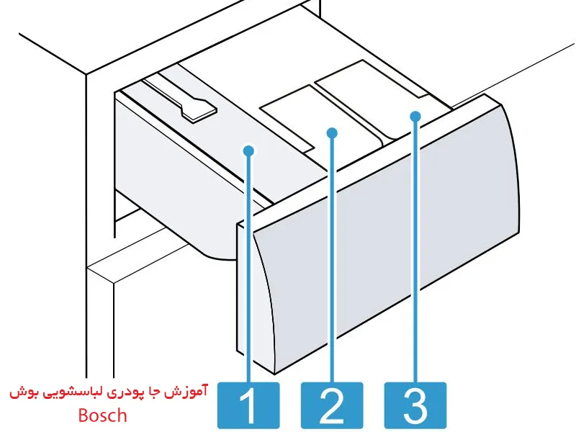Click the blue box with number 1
pyautogui.click(x=248, y=405)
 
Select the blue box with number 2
pyautogui.click(x=331, y=405)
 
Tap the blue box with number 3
pyautogui.click(x=415, y=405)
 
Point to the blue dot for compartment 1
pyautogui.click(x=248, y=150)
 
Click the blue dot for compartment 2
pyautogui.click(x=331, y=132)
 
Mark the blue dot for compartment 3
pyautogui.click(x=415, y=115)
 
